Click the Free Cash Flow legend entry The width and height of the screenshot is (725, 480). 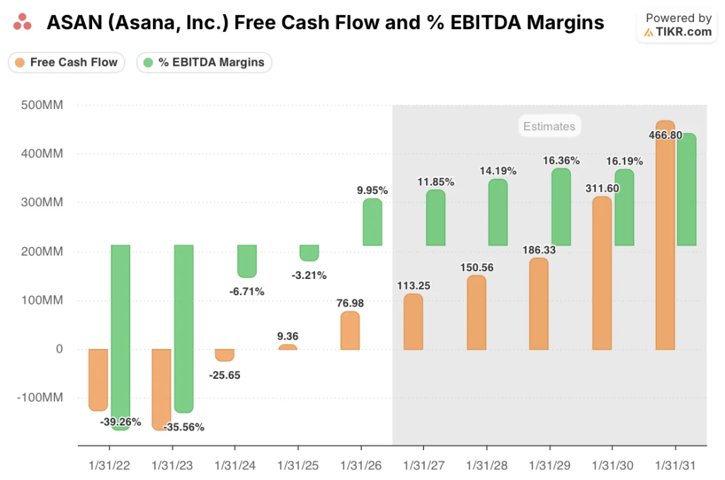coord(67,62)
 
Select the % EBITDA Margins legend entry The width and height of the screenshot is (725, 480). coord(204,62)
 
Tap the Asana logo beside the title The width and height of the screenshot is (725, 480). coord(23,23)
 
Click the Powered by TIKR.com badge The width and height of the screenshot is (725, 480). coord(678,25)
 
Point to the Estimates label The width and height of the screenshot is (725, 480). coord(549,127)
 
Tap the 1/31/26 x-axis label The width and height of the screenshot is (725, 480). coord(361,467)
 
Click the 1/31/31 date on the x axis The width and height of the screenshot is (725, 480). coord(675,467)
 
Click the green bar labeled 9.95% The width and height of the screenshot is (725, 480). coord(372,222)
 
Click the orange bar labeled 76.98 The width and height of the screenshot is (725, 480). coord(350,331)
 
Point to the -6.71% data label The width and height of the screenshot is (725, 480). coord(247,291)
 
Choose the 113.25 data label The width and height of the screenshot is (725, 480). coord(413,285)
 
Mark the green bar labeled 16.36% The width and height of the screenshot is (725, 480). coord(561,207)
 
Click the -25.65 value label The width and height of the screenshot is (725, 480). coord(224,375)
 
